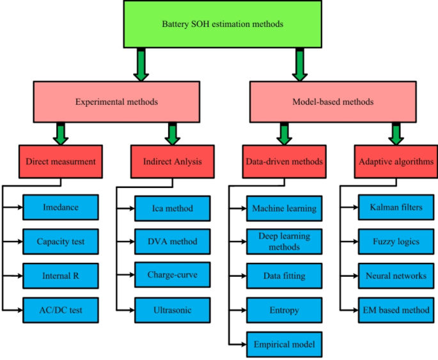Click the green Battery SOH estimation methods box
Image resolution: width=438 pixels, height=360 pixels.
(x=223, y=25)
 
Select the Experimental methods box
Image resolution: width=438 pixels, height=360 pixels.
(x=116, y=102)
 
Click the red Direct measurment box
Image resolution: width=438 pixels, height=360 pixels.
(x=61, y=162)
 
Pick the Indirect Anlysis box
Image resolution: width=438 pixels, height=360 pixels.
(x=170, y=162)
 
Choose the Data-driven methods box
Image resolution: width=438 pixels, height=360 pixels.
(x=284, y=162)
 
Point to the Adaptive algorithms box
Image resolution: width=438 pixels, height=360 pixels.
(x=395, y=162)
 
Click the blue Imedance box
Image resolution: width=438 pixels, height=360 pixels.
(x=61, y=207)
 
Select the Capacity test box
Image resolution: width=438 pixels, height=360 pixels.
(x=61, y=242)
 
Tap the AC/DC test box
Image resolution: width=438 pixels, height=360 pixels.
(x=61, y=310)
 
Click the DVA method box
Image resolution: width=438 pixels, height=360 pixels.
(x=172, y=242)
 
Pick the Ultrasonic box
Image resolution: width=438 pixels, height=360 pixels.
(x=172, y=310)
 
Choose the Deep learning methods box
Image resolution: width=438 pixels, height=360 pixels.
(x=284, y=242)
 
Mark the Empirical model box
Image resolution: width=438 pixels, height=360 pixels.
(x=284, y=345)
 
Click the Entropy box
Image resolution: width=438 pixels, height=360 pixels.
(x=284, y=310)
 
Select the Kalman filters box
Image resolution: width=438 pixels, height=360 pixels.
(x=396, y=207)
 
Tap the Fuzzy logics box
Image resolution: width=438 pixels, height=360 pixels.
(x=396, y=242)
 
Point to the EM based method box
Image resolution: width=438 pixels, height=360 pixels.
(x=396, y=310)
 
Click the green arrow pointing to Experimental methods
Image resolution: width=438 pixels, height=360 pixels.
(x=141, y=66)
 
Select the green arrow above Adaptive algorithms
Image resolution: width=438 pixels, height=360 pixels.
(x=396, y=132)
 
